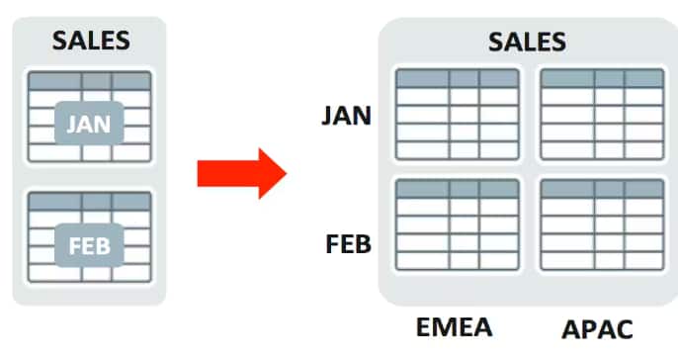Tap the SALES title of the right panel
[x=527, y=42]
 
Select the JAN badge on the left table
[x=89, y=124]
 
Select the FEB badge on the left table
[x=89, y=243]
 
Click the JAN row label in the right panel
[x=346, y=116]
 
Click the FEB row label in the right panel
[x=348, y=242]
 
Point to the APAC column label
[x=596, y=328]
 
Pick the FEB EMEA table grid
[x=456, y=226]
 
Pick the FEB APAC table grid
[x=602, y=226]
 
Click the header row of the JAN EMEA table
[x=456, y=78]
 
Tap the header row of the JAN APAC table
[x=602, y=78]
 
